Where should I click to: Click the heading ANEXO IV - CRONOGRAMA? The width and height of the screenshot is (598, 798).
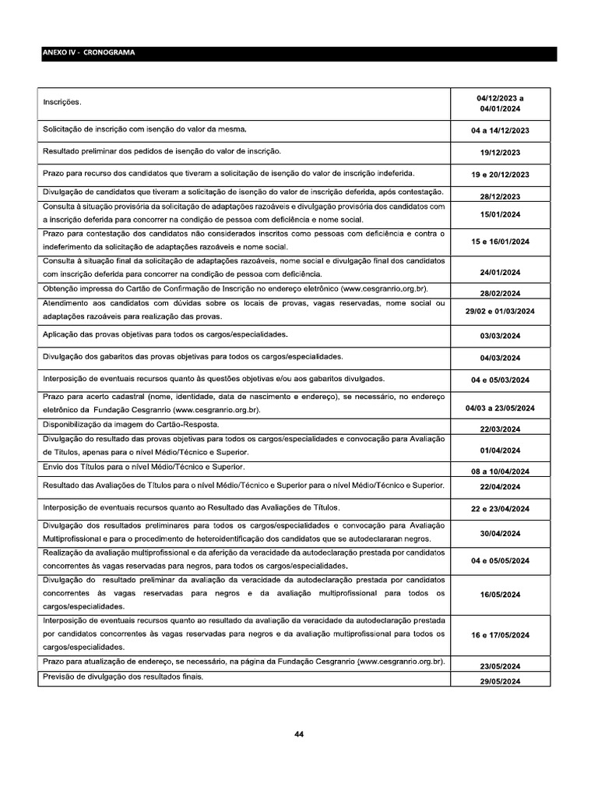pyautogui.click(x=89, y=54)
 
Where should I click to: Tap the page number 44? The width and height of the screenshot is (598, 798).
pyautogui.click(x=299, y=733)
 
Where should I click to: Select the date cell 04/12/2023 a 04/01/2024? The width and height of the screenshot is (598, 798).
pyautogui.click(x=500, y=104)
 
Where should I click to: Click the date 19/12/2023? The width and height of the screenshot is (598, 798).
pyautogui.click(x=500, y=153)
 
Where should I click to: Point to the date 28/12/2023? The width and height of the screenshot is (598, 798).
pyautogui.click(x=500, y=196)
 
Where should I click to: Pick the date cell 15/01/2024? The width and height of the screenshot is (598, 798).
pyautogui.click(x=500, y=214)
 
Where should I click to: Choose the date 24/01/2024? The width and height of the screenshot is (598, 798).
pyautogui.click(x=500, y=273)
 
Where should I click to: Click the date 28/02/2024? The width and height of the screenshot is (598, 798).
pyautogui.click(x=500, y=293)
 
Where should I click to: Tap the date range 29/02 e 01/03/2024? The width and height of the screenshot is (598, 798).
pyautogui.click(x=500, y=311)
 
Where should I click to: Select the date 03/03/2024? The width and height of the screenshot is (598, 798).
pyautogui.click(x=500, y=336)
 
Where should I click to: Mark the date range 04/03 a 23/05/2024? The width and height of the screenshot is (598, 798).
pyautogui.click(x=500, y=408)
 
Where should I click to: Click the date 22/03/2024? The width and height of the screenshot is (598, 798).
pyautogui.click(x=500, y=429)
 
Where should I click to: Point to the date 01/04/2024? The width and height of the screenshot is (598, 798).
pyautogui.click(x=500, y=450)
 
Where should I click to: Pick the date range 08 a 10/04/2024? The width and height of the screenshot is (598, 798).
pyautogui.click(x=500, y=471)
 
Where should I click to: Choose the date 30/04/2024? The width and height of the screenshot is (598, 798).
pyautogui.click(x=500, y=533)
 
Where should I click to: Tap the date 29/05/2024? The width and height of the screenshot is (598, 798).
pyautogui.click(x=500, y=682)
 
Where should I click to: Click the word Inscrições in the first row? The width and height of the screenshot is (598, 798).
pyautogui.click(x=62, y=102)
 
